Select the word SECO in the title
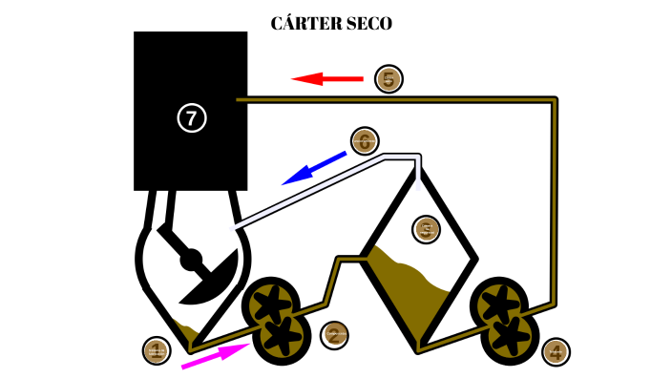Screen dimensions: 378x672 coord(367,23)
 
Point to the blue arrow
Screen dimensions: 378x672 coord(313,167)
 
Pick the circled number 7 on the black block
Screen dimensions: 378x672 coord(192,117)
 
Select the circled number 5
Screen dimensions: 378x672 coord(388,78)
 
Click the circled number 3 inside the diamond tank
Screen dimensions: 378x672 coord(426,228)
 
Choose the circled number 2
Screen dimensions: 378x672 coord(334,334)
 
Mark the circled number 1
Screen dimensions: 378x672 coord(156,350)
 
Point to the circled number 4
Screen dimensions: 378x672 coord(556,351)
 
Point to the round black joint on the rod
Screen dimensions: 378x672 coord(191,258)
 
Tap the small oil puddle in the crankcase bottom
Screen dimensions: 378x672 coord(187,334)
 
